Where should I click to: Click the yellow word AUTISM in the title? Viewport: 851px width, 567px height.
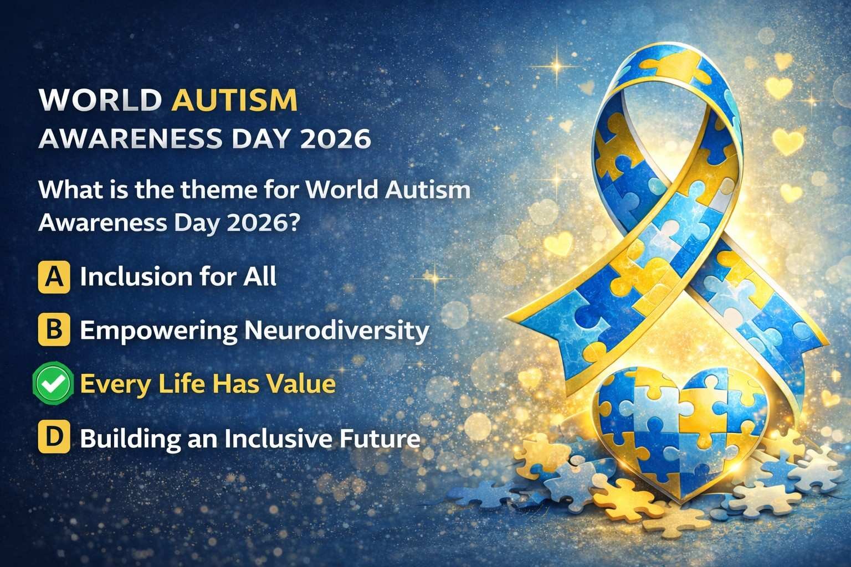click(x=235, y=101)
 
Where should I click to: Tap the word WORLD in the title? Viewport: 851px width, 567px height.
click(x=101, y=101)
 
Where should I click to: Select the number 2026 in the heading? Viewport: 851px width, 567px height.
click(x=335, y=138)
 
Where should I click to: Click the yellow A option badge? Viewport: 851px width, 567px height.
click(x=54, y=277)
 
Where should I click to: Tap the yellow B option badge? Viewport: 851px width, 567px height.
click(x=54, y=330)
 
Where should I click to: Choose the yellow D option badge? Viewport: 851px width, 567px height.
click(x=54, y=439)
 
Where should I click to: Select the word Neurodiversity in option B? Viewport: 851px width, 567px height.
click(x=337, y=331)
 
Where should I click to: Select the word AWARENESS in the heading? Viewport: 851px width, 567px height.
click(x=127, y=138)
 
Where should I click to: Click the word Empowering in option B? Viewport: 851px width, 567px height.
click(x=158, y=331)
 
